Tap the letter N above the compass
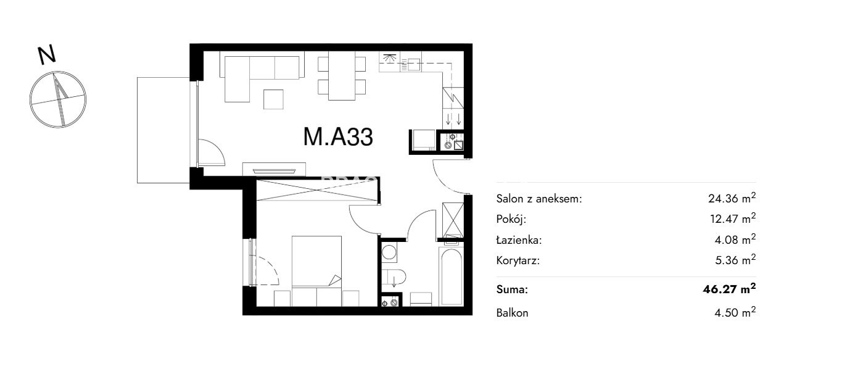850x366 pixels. tap(47, 56)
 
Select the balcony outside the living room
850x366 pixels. tap(163, 130)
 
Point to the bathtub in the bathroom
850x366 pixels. tap(451, 277)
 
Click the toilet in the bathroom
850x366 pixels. tap(394, 277)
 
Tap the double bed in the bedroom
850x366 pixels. tap(316, 261)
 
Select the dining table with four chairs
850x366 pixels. tap(342, 75)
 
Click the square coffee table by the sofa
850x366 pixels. tap(273, 99)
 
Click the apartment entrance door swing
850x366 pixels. tap(452, 177)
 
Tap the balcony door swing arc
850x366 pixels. tap(212, 152)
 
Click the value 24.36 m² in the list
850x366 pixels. tap(732, 198)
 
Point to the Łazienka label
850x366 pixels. tap(519, 240)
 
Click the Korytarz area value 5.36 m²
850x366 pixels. tap(735, 260)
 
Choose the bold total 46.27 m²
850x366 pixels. tap(729, 289)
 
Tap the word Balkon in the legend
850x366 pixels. tap(512, 313)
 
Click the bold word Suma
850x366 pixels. tap(512, 289)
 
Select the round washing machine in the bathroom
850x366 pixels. tap(389, 252)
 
